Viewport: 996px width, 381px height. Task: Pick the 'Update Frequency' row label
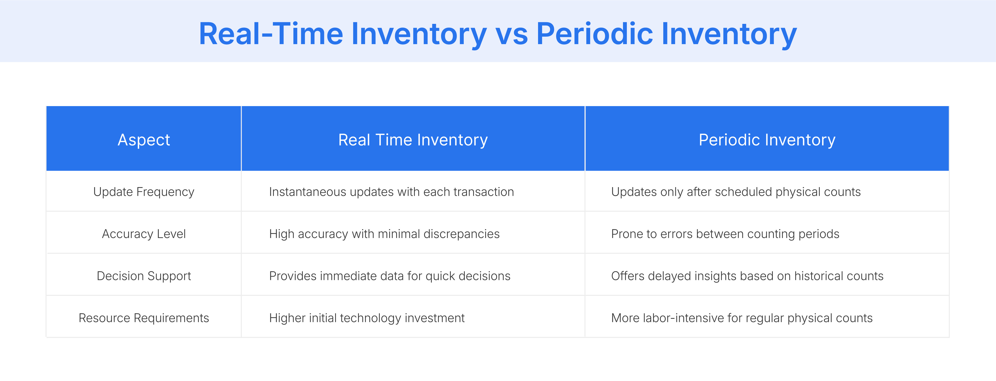pos(144,192)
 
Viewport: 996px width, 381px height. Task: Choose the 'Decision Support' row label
pos(144,276)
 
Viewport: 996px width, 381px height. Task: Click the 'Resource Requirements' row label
pos(144,318)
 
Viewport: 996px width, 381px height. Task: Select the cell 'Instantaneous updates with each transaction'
pos(391,192)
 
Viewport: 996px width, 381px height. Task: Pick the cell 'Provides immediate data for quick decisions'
pos(389,276)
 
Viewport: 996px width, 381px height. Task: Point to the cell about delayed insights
pos(747,276)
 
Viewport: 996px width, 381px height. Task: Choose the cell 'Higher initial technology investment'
pos(367,318)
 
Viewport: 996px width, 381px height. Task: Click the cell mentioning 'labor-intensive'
pos(742,318)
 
